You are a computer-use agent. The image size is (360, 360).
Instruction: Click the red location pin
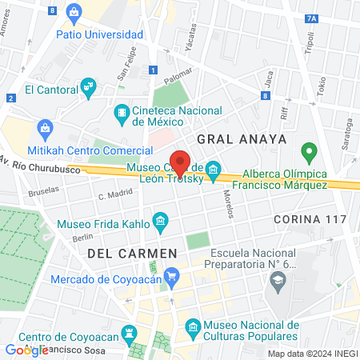(x=182, y=162)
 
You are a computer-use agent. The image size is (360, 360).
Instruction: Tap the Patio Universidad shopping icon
(x=74, y=12)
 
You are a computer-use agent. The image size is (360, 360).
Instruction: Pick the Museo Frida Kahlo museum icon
(x=160, y=220)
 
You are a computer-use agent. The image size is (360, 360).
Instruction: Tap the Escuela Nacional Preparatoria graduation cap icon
(x=278, y=279)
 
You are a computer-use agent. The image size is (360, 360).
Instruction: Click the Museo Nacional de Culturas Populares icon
(x=192, y=326)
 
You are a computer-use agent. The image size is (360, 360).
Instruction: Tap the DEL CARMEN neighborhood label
(x=128, y=253)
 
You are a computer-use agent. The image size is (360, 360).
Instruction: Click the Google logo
(x=26, y=350)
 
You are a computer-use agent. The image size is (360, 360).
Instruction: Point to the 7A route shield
(x=312, y=18)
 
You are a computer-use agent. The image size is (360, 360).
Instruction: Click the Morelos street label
(x=229, y=205)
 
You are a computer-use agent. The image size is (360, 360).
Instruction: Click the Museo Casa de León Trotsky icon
(x=213, y=169)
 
